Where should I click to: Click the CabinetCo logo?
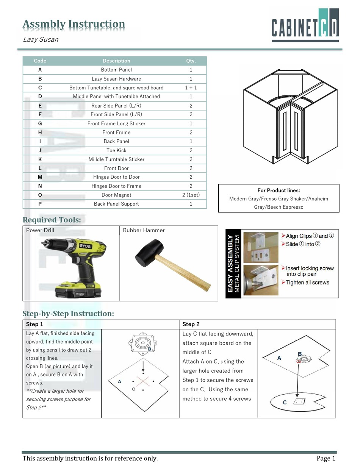tap(305, 25)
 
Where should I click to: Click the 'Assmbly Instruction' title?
tap(74, 24)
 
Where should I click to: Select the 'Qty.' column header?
tap(191, 61)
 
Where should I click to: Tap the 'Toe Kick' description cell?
tap(116, 150)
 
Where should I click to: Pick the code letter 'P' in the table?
tap(40, 204)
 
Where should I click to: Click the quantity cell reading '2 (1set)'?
tap(191, 195)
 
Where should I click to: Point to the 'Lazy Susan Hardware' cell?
tap(116, 79)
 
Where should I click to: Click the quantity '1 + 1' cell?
tap(191, 87)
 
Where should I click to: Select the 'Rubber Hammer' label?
tap(144, 230)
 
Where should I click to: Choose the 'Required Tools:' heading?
tap(52, 220)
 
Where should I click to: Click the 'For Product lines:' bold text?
tap(279, 190)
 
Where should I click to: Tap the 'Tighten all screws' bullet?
tap(307, 283)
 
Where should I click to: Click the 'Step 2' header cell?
tap(191, 324)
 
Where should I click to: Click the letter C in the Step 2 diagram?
tap(285, 402)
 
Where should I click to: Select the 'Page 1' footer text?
tap(326, 459)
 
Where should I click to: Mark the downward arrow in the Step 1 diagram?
tap(143, 367)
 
